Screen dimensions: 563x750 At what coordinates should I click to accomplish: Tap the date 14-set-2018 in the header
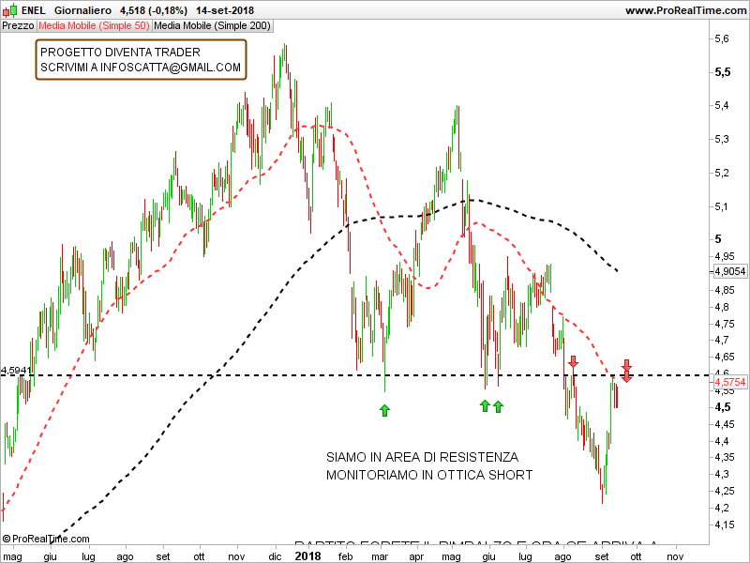[225, 10]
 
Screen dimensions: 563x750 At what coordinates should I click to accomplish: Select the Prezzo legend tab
[18, 25]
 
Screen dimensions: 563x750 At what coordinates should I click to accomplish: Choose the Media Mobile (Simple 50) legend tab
[94, 25]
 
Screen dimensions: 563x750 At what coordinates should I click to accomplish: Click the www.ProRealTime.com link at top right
[684, 10]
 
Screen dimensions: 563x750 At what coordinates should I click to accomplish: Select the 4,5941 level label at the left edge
[17, 371]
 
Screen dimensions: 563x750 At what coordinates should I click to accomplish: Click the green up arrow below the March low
[383, 409]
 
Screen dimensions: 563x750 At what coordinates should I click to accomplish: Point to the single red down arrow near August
[573, 360]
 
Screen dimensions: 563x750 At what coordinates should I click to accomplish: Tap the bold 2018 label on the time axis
[307, 555]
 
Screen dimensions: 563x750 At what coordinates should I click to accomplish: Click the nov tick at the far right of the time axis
[673, 555]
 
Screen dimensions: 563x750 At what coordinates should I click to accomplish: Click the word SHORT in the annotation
[513, 476]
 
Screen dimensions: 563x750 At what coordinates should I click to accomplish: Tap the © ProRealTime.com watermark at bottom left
[46, 539]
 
